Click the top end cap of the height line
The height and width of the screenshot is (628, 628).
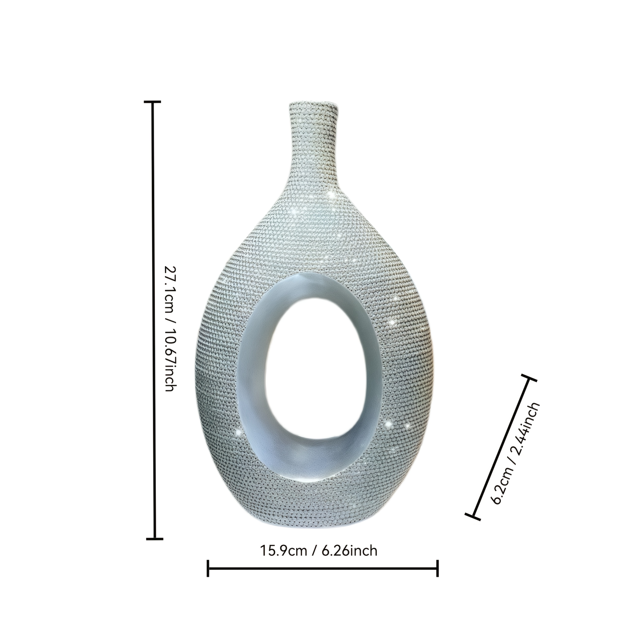coord(152,102)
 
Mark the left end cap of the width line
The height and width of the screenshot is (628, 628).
coord(208,568)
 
